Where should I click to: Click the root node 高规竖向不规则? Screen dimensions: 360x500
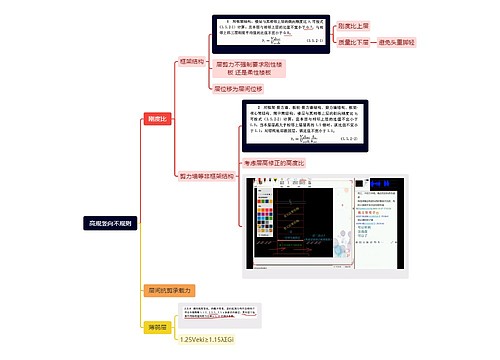coord(110,223)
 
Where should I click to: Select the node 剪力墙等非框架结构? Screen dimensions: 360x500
coord(207,175)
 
